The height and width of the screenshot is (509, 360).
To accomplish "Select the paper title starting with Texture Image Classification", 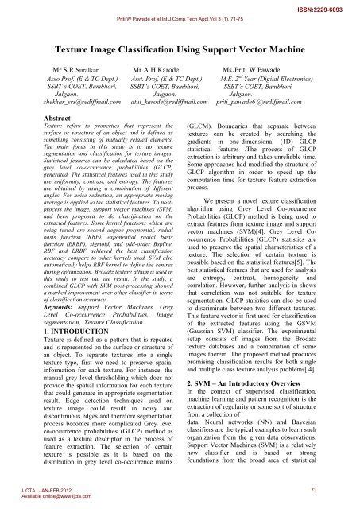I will [180, 51].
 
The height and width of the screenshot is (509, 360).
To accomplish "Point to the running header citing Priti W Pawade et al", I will [180, 16].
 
